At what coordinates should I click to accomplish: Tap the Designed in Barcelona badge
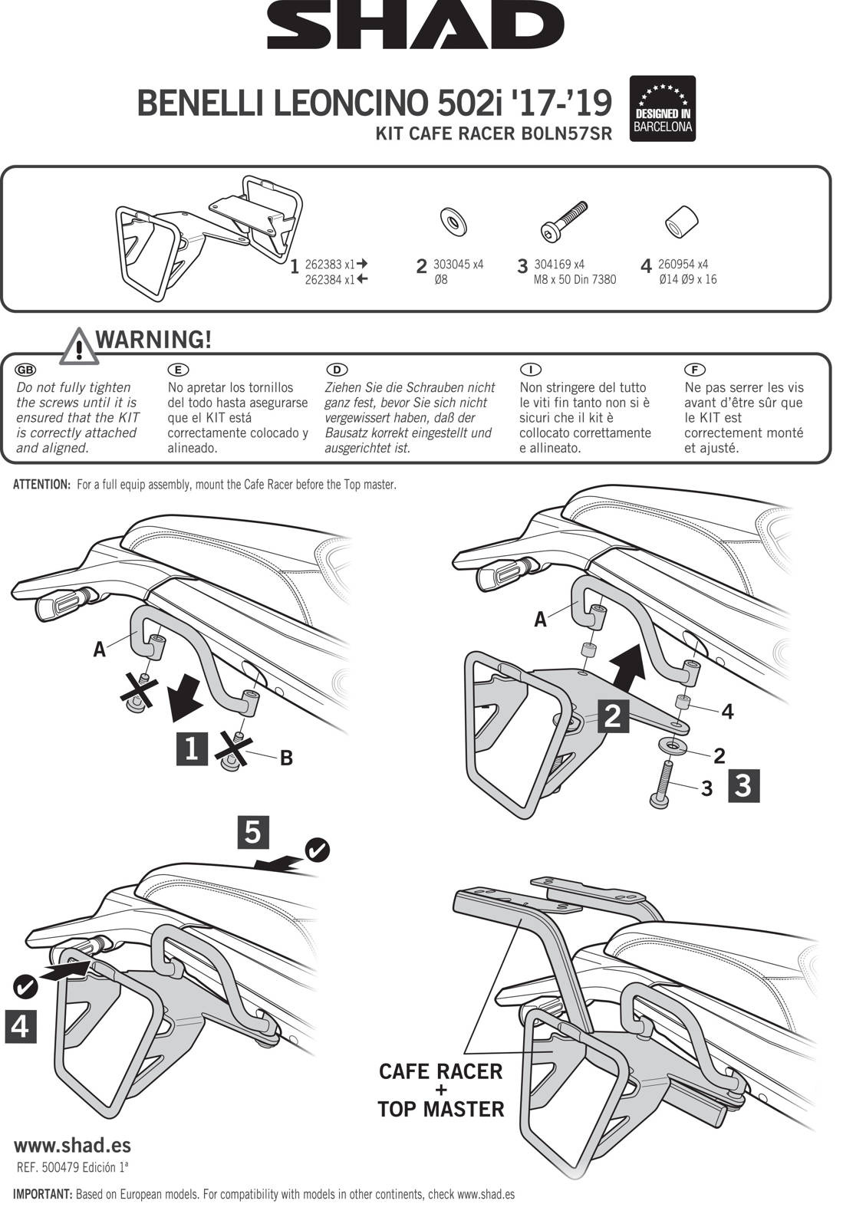pos(662,109)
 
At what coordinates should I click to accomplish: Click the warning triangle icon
pos(78,347)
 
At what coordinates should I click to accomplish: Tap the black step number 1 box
pos(192,748)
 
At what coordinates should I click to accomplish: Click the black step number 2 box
pos(613,715)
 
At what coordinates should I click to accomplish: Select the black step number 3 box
pos(743,785)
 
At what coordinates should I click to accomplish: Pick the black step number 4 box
pos(21,1026)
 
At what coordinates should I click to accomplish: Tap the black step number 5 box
pos(253,832)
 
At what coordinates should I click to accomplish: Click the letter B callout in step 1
pos(285,758)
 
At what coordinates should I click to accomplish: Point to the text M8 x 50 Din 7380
pos(575,279)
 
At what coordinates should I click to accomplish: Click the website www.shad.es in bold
pos(72,1146)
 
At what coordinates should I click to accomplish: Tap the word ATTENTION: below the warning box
pos(42,485)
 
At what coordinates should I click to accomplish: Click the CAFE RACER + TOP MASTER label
pos(441,1090)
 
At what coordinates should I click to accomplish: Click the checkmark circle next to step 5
pos(317,850)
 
